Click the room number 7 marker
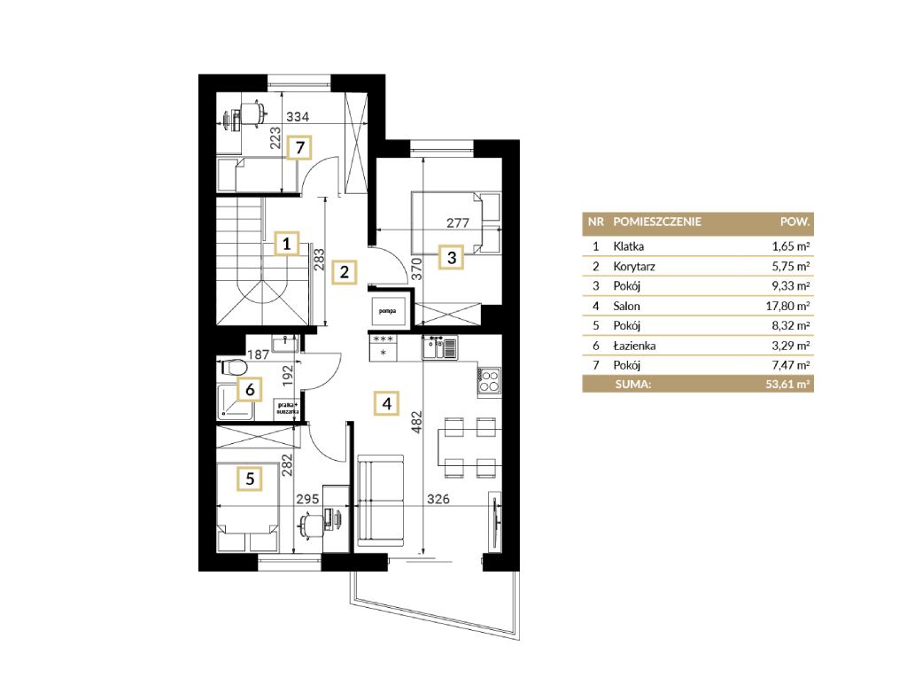[x=299, y=148]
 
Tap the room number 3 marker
[x=452, y=257]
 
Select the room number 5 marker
[x=250, y=479]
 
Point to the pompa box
[x=388, y=311]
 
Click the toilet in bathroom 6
[x=234, y=367]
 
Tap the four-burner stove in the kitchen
[x=489, y=381]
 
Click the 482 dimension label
[x=417, y=422]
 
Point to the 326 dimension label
[x=438, y=498]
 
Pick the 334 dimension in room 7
[x=298, y=116]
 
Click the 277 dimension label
[x=458, y=222]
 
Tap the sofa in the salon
[x=380, y=501]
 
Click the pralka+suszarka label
[x=288, y=408]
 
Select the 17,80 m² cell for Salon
[x=787, y=306]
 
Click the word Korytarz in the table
[x=634, y=267]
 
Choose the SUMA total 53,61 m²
[x=787, y=384]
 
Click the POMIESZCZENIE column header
[x=657, y=222]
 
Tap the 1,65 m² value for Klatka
[x=791, y=246]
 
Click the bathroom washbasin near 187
[x=284, y=344]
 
